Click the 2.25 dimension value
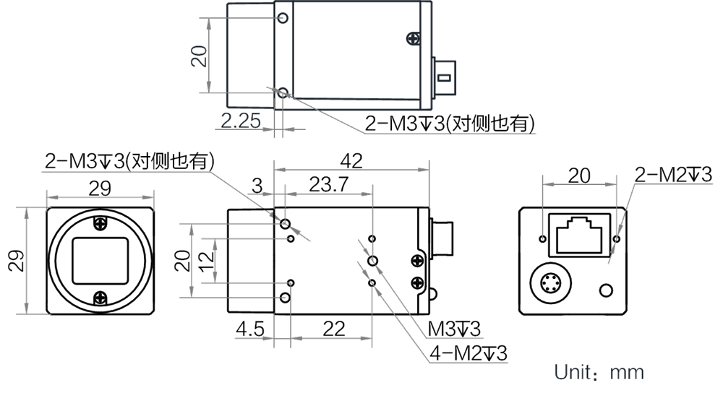[241, 121]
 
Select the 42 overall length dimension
[351, 161]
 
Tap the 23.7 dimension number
[328, 184]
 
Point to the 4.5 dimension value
[250, 329]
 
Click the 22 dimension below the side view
[334, 329]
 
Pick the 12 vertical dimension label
[207, 260]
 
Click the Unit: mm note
[599, 372]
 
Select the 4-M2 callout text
[468, 353]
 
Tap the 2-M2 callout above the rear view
[673, 175]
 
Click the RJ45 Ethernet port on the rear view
[580, 235]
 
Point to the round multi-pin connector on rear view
[550, 283]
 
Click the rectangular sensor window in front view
[100, 261]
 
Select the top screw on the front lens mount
[100, 223]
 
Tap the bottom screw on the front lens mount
[100, 298]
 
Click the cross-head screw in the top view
[413, 38]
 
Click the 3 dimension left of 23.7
[257, 186]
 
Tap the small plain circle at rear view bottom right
[606, 290]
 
